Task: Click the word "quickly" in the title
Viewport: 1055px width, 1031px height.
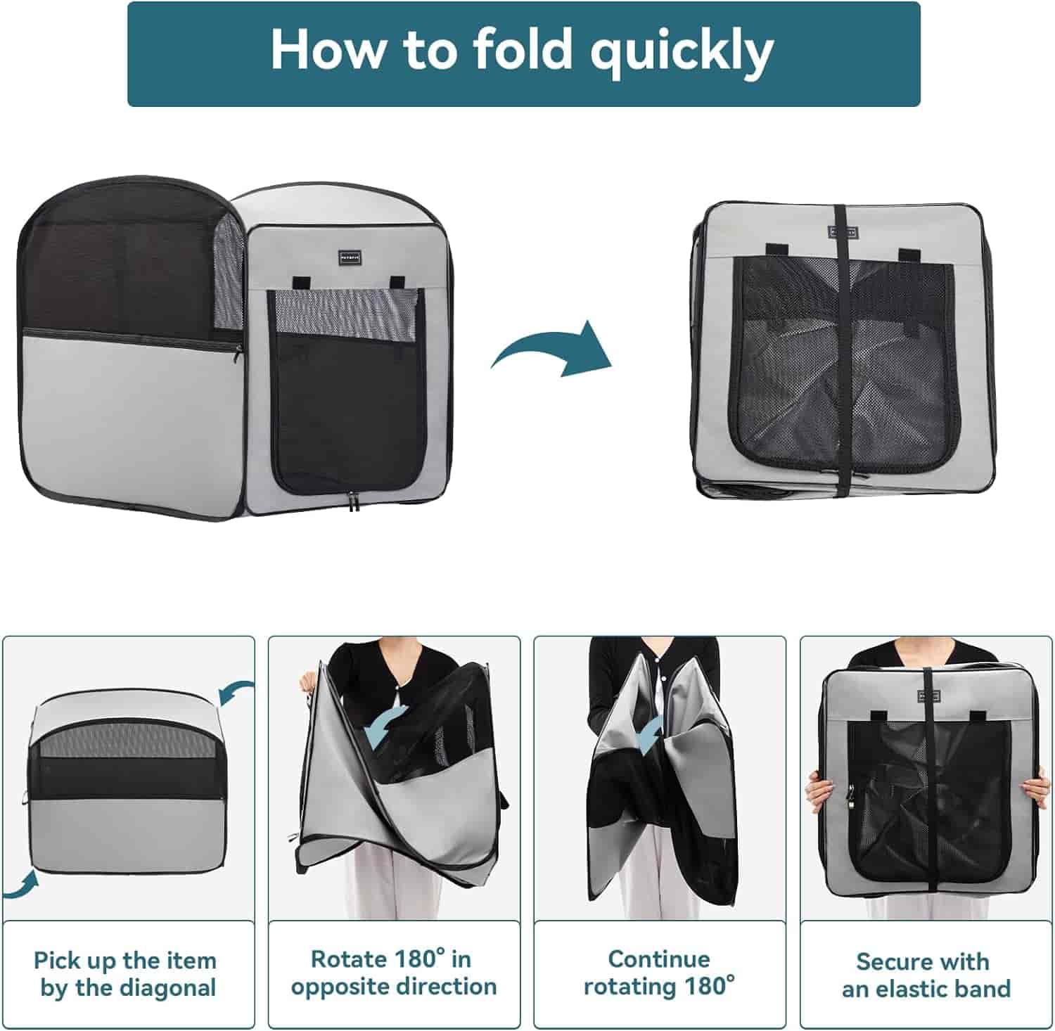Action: pyautogui.click(x=682, y=51)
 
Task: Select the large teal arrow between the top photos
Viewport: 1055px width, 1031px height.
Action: pyautogui.click(x=553, y=349)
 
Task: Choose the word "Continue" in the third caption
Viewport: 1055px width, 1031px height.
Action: pyautogui.click(x=659, y=959)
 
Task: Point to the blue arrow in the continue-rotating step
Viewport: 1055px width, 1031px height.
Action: pyautogui.click(x=648, y=734)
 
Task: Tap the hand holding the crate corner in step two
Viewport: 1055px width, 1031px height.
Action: pyautogui.click(x=307, y=681)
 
